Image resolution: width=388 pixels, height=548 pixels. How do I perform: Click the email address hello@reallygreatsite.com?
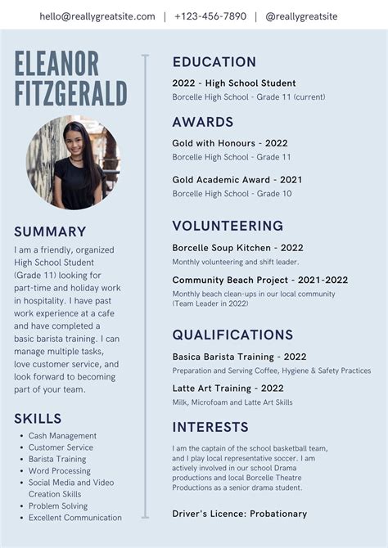97,16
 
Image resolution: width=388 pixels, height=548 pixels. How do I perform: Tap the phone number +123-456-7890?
210,16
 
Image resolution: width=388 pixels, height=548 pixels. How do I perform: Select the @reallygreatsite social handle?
301,16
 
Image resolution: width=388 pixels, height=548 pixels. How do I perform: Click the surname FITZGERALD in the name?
70,92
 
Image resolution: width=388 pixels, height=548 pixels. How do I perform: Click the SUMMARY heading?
50,231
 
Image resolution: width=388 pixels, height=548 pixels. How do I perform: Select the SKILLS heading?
38,419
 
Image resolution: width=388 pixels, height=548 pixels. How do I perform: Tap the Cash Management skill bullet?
62,436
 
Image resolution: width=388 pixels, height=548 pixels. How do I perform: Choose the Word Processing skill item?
60,471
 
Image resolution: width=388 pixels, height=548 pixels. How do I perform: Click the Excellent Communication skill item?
75,518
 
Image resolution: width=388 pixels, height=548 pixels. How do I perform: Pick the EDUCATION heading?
214,62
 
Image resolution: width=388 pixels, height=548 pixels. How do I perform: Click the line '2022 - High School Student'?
234,83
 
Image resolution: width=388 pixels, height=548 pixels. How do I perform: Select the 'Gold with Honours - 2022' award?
230,143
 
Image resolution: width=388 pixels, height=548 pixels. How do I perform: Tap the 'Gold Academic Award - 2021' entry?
237,180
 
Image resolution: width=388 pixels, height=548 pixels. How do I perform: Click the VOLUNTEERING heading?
228,226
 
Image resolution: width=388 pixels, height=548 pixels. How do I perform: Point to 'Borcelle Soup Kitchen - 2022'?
237,248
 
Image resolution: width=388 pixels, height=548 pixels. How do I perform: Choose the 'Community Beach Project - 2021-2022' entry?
259,280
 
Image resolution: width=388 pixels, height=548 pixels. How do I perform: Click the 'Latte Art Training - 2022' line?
228,389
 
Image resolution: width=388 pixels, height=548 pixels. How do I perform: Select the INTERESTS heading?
210,427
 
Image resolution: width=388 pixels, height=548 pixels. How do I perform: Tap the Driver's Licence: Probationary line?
240,514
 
